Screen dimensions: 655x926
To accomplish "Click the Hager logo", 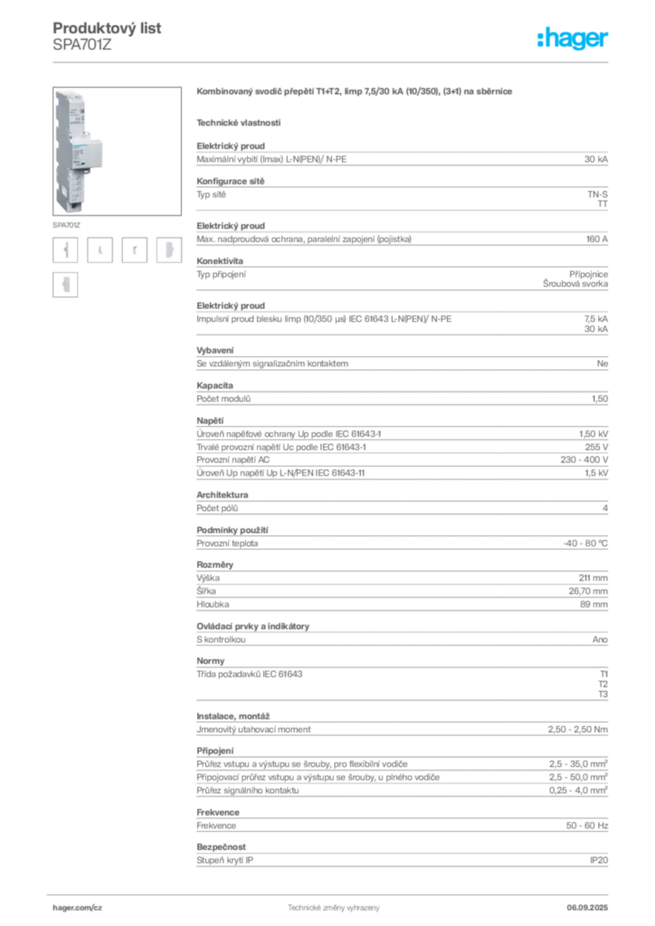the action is point(572,39).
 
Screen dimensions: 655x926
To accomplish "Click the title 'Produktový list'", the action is point(107,28).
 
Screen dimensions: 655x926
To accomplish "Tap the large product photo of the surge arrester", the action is point(117,151).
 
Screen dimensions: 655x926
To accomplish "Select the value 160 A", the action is point(596,239).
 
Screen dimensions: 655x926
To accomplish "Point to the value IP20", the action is point(598,860).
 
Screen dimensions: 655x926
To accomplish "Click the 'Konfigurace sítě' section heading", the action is point(231,181).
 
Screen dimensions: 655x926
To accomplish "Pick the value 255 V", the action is point(596,447).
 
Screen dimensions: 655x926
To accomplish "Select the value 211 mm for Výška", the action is point(593,578).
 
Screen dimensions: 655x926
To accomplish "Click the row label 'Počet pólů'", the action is point(217,508).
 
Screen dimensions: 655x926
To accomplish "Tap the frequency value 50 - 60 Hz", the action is point(586,825).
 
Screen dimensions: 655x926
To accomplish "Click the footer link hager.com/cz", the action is point(78,908).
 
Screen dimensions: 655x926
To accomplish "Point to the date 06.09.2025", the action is point(587,908).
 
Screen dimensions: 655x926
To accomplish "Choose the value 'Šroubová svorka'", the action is point(575,284).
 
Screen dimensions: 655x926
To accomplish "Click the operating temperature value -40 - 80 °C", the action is point(585,543).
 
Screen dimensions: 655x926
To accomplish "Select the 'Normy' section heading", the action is point(210,661).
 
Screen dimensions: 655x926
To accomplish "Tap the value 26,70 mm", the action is point(588,591).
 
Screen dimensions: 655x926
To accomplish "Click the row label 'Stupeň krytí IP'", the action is point(224,860).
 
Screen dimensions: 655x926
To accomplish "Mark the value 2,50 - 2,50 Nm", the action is point(577,730).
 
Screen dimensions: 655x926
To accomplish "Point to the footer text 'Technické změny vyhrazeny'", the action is point(334,908).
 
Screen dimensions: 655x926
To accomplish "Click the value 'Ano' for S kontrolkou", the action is point(600,639).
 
